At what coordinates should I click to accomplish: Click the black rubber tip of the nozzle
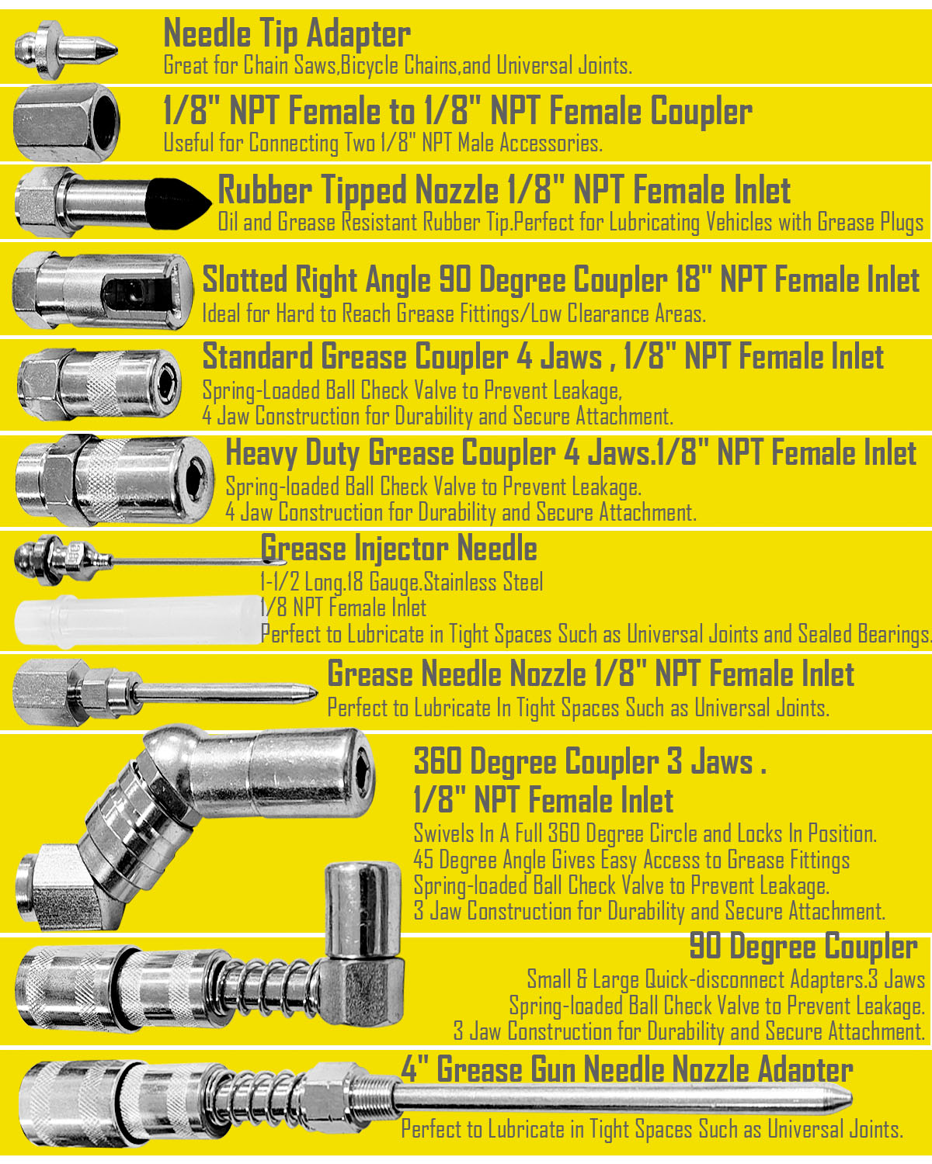[x=176, y=203]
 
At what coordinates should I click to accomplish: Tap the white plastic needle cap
[x=138, y=621]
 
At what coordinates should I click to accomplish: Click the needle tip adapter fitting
[x=65, y=50]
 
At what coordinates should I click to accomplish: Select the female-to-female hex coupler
[x=66, y=123]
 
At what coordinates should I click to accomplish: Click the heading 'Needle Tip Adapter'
[x=287, y=34]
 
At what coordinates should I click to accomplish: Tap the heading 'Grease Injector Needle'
[x=399, y=549]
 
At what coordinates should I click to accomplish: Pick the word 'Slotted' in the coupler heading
[x=245, y=279]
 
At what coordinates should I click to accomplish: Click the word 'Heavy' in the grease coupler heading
[x=261, y=453]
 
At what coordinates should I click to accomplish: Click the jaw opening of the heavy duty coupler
[x=195, y=480]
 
